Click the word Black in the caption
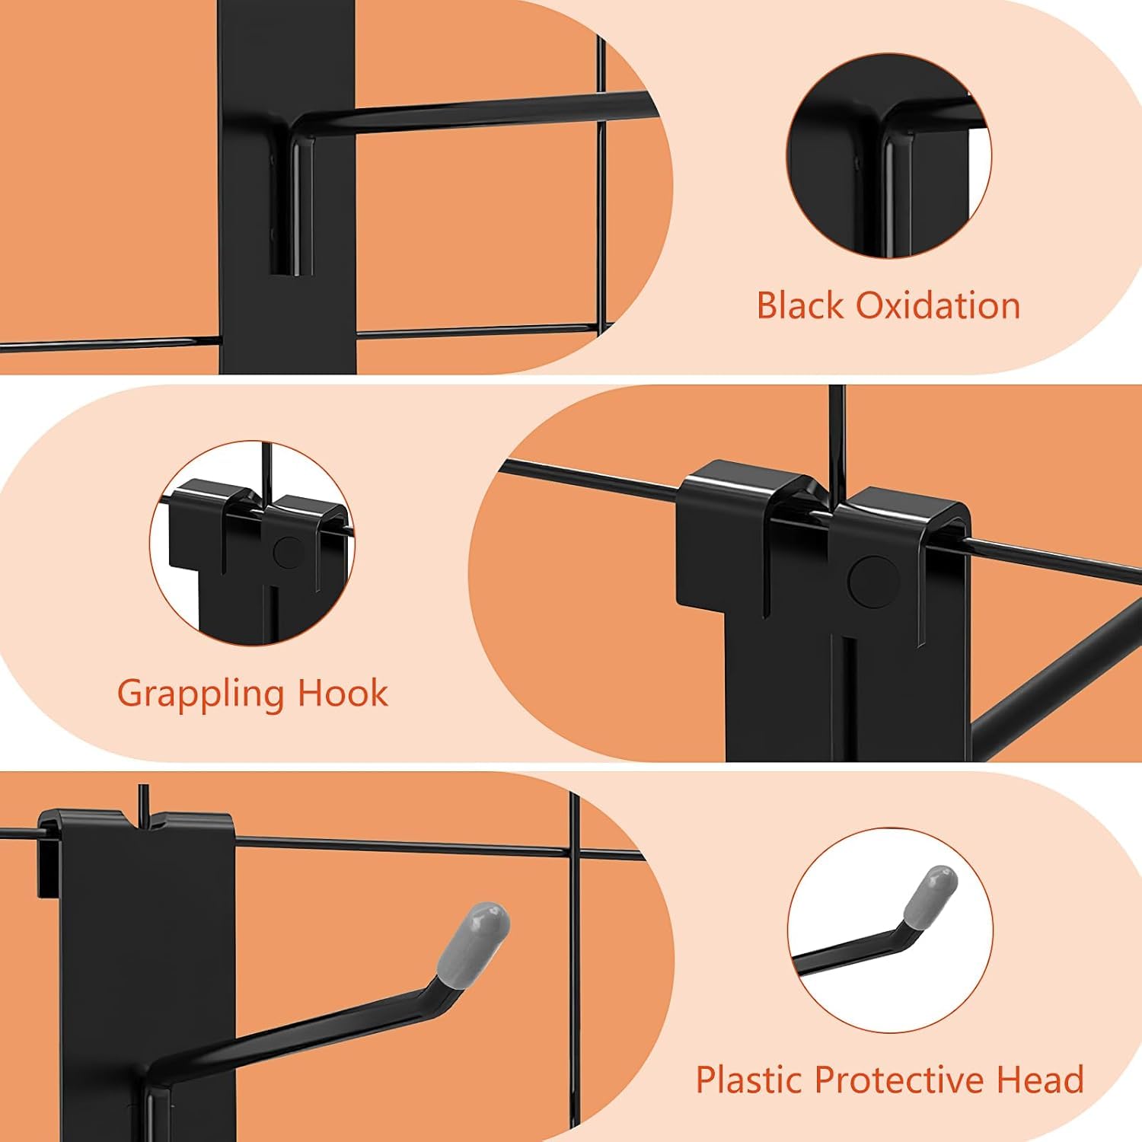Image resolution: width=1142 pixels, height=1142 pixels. click(x=799, y=305)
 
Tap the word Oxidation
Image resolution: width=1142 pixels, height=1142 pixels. click(x=938, y=305)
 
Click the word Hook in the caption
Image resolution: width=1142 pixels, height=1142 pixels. click(x=343, y=693)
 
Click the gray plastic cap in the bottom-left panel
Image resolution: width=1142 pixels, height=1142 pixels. click(x=473, y=944)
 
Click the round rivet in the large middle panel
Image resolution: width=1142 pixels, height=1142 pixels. click(x=869, y=582)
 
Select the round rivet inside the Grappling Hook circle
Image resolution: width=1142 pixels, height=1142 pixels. click(x=287, y=552)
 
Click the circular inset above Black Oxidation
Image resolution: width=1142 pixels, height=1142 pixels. click(x=888, y=155)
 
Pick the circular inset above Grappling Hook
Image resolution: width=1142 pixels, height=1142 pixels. click(x=252, y=543)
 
